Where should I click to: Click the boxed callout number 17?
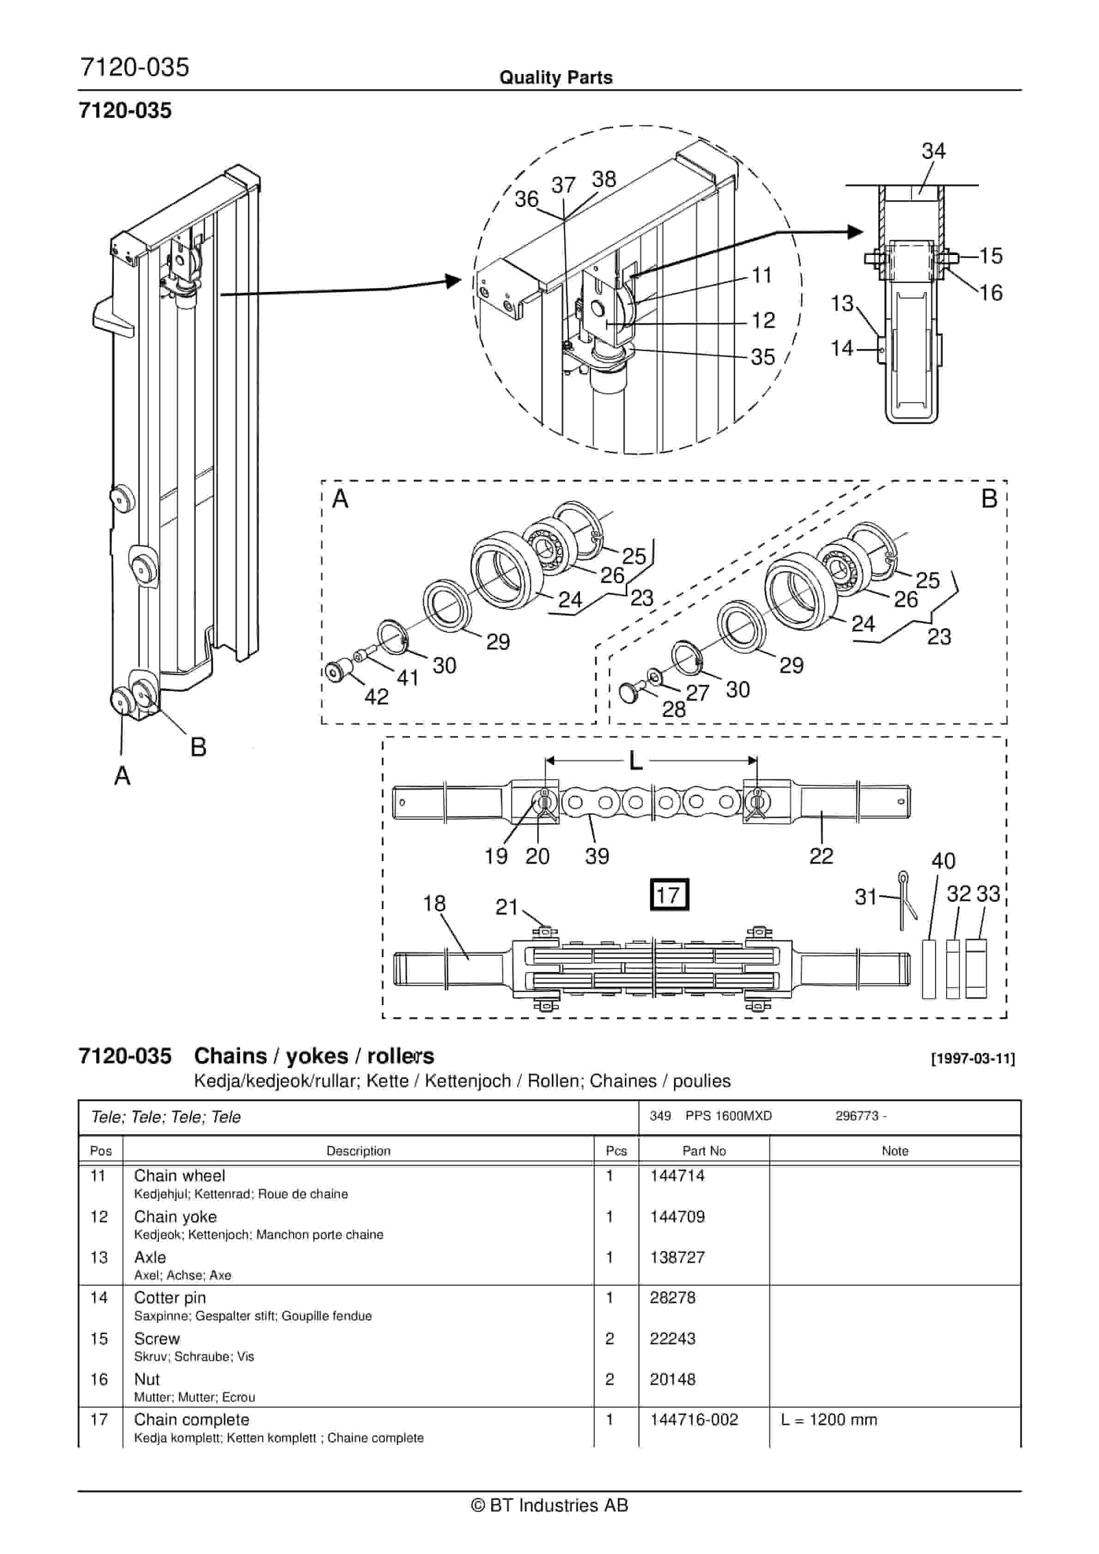pyautogui.click(x=669, y=895)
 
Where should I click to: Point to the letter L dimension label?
pyautogui.click(x=635, y=761)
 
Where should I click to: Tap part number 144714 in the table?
pyautogui.click(x=677, y=1176)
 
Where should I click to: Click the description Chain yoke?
pyautogui.click(x=175, y=1216)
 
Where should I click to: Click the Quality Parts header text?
pyautogui.click(x=556, y=78)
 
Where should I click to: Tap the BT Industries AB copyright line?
pyautogui.click(x=549, y=1505)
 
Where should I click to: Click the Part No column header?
pyautogui.click(x=704, y=1151)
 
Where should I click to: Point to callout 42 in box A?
pyautogui.click(x=376, y=697)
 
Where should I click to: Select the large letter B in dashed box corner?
pyautogui.click(x=989, y=499)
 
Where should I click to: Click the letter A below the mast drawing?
pyautogui.click(x=122, y=776)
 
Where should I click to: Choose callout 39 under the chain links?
pyautogui.click(x=597, y=856)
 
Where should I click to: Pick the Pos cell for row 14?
pyautogui.click(x=99, y=1298)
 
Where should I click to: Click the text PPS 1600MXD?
pyautogui.click(x=728, y=1116)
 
